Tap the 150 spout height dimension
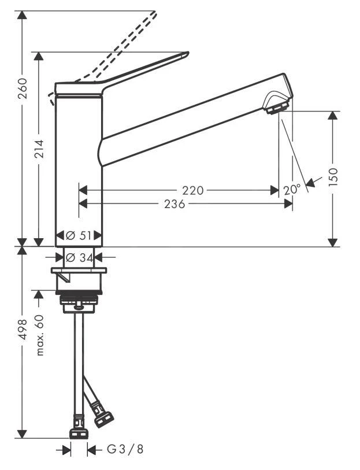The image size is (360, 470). [333, 175]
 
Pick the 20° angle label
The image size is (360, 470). [292, 189]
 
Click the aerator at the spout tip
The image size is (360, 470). [276, 107]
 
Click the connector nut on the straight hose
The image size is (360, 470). [77, 434]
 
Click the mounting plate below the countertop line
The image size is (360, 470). [79, 271]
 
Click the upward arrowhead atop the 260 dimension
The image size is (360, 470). [22, 15]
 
